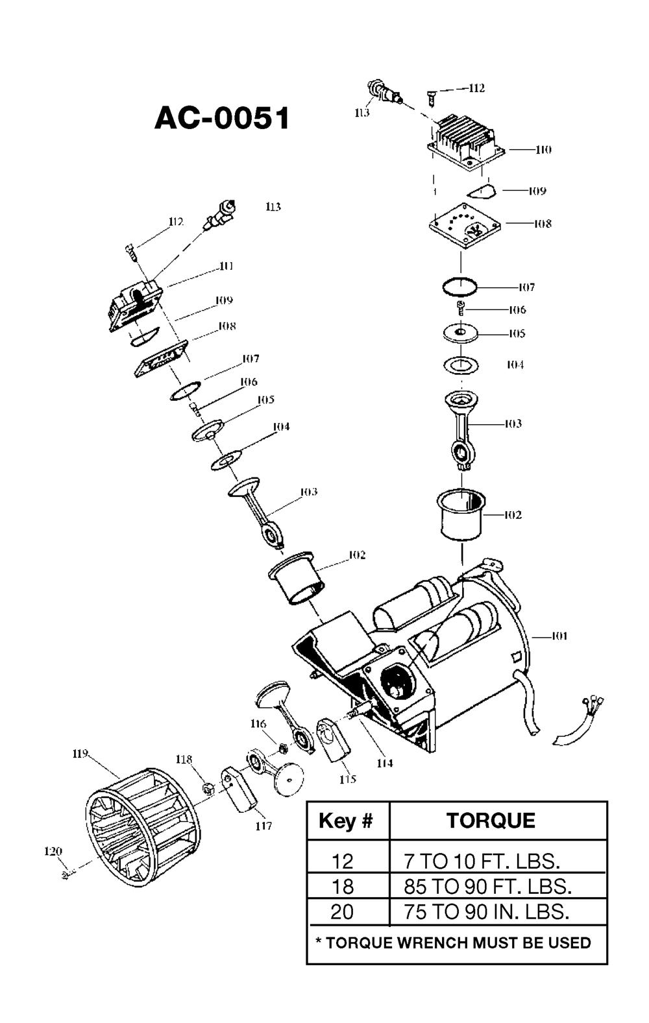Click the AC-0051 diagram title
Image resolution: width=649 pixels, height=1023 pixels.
(x=222, y=119)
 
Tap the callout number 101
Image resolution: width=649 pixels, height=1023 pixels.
(x=559, y=636)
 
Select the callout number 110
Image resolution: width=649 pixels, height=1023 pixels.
(x=543, y=150)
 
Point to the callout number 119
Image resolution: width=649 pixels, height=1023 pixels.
(x=80, y=754)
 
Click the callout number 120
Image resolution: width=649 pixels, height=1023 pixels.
(x=53, y=852)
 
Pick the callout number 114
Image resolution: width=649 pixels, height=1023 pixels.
(x=385, y=764)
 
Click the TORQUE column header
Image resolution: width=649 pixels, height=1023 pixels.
(x=491, y=821)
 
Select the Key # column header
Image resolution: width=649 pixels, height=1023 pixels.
(x=346, y=821)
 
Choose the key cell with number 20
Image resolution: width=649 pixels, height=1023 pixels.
(x=342, y=912)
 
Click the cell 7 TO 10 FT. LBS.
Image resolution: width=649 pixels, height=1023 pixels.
(x=482, y=861)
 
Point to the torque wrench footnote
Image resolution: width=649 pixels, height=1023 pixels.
(x=453, y=943)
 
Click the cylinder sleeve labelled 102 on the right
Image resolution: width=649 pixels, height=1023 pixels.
(x=461, y=514)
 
